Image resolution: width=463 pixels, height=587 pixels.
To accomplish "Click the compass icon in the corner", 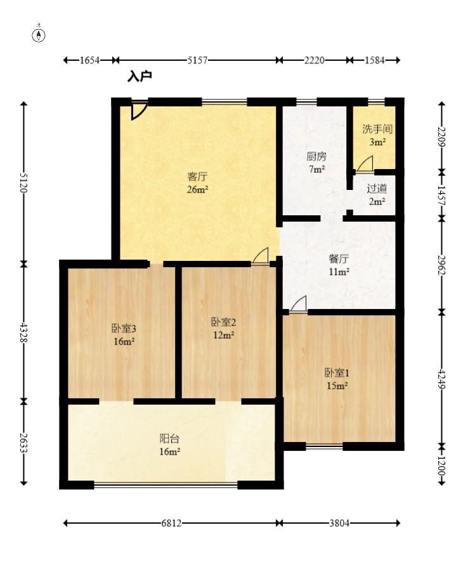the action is (x=39, y=35).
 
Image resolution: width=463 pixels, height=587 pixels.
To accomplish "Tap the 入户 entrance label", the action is (x=140, y=76).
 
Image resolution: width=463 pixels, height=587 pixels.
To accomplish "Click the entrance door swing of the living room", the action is (x=138, y=111).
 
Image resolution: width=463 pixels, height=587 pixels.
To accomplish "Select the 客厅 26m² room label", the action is (x=198, y=183).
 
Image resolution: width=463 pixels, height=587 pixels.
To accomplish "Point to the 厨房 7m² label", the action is (x=316, y=163).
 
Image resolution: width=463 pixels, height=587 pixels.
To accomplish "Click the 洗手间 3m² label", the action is (x=377, y=136).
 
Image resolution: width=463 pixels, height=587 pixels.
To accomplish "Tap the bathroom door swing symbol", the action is (x=365, y=165).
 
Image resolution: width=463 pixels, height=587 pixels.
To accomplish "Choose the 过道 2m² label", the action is (x=377, y=194).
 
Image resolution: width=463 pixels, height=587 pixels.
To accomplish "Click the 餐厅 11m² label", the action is (x=339, y=265).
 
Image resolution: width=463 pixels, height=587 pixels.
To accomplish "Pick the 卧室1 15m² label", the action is (x=337, y=379).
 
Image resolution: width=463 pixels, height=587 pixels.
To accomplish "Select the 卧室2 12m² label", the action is (x=223, y=328).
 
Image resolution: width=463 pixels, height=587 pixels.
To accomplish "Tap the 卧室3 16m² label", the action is (x=124, y=335).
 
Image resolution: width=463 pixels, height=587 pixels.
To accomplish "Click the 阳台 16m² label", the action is (x=169, y=445).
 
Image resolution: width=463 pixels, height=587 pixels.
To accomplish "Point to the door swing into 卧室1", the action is (x=299, y=304).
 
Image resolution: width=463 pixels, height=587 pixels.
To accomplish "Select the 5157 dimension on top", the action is (x=197, y=60).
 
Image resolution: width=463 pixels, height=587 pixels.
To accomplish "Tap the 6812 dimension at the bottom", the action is (x=171, y=523).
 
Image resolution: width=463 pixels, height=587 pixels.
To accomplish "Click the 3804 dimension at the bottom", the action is (x=339, y=523).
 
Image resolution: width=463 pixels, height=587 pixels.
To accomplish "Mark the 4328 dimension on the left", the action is (x=23, y=332).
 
